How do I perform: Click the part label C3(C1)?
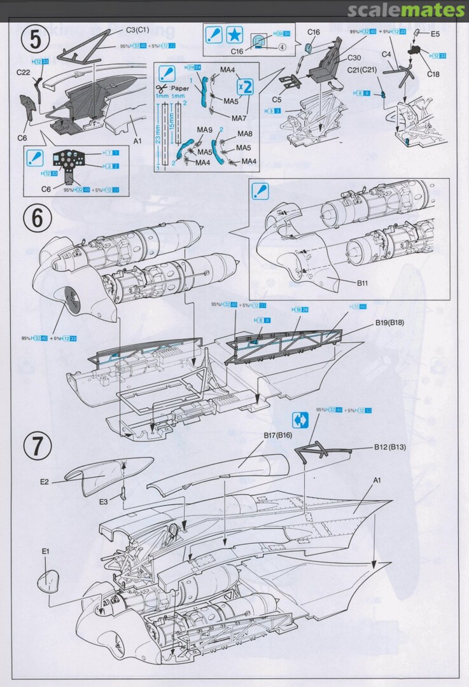(x=137, y=29)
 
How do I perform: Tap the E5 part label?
(x=435, y=33)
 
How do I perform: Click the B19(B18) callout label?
(x=391, y=323)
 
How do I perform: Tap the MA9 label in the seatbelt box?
(x=204, y=130)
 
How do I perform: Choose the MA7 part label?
(x=239, y=118)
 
